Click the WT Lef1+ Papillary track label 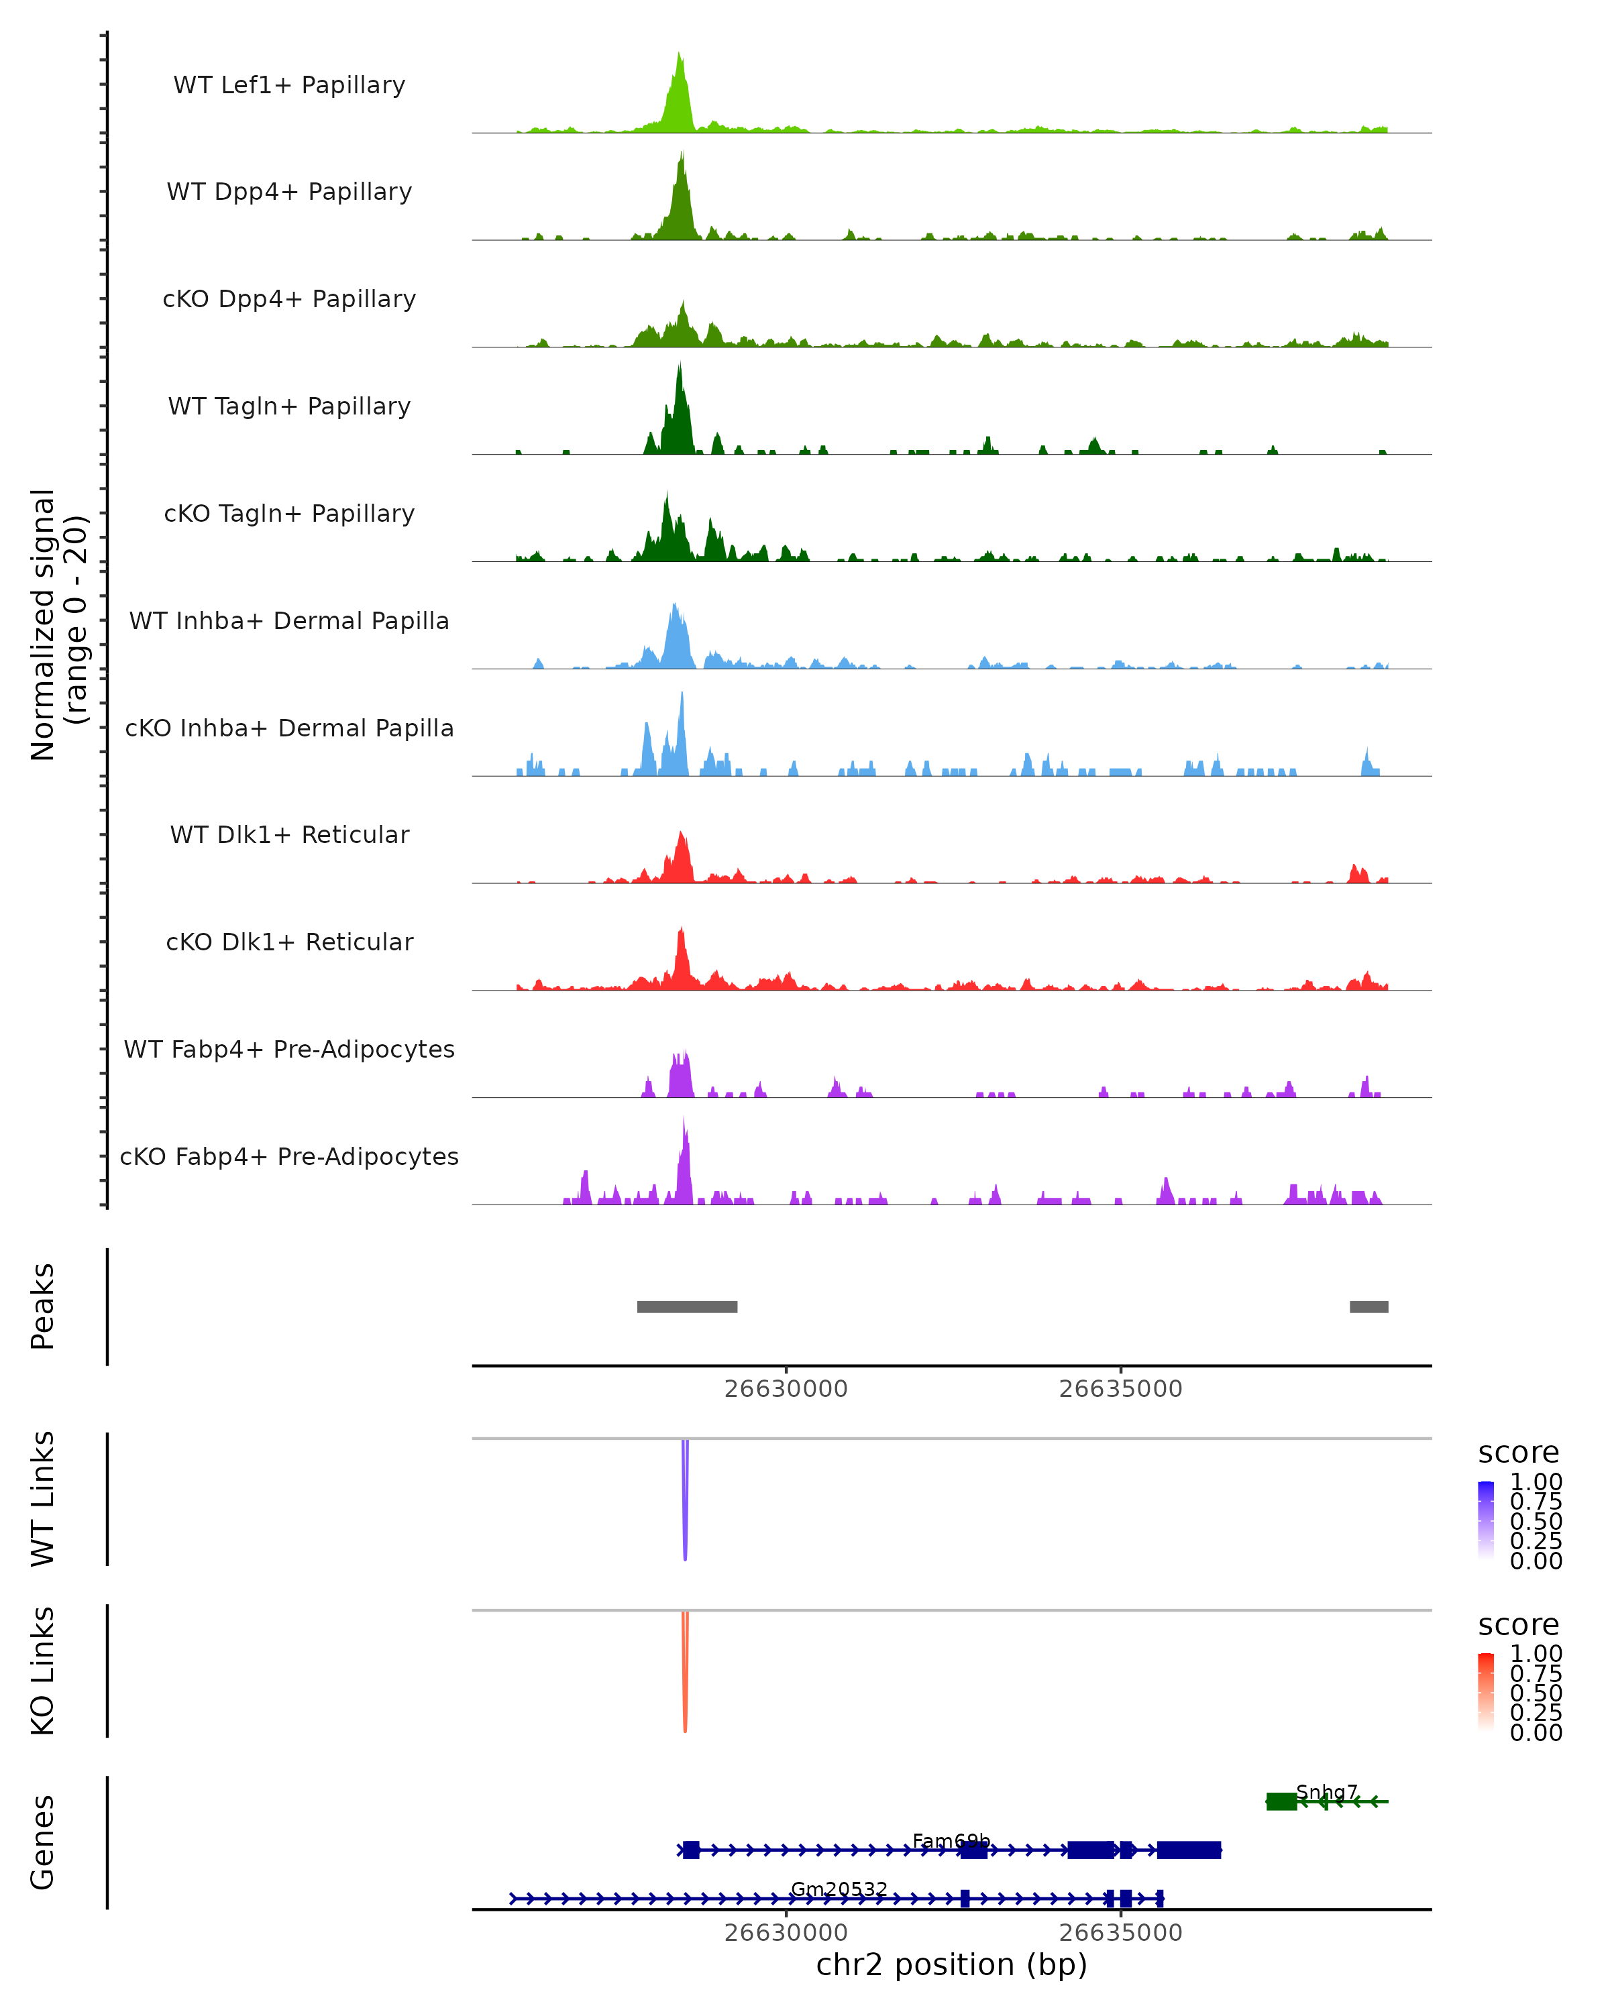click(289, 85)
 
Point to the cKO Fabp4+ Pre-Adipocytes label click(289, 1156)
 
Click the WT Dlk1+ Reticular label click(289, 834)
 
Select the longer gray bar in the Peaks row click(687, 1306)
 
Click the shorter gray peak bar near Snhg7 click(1368, 1306)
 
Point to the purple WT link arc click(685, 1502)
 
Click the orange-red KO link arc click(685, 1675)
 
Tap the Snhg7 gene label click(1326, 1792)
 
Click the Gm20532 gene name click(839, 1889)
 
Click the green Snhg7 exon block click(1281, 1801)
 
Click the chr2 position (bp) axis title click(951, 1964)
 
